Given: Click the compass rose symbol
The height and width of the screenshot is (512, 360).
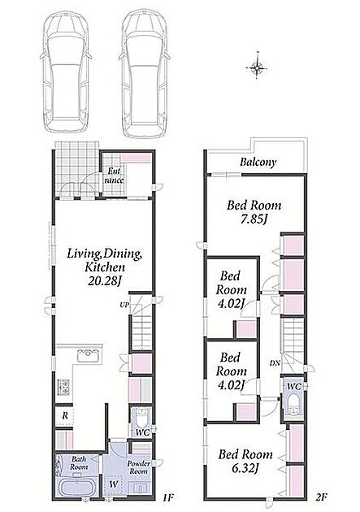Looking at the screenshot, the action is (x=257, y=67).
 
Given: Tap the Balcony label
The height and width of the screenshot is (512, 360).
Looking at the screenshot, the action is (x=258, y=162).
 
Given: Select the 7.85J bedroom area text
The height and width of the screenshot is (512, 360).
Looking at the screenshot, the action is (x=254, y=219).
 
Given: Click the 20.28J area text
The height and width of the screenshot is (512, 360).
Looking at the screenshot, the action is (x=105, y=280).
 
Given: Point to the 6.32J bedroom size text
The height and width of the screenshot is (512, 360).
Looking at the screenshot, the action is (x=245, y=468).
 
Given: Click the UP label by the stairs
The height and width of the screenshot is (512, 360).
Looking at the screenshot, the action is (x=124, y=305).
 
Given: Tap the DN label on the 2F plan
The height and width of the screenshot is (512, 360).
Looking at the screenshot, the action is (x=275, y=362).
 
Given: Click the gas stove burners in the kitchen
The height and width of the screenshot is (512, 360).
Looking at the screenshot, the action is (x=63, y=387).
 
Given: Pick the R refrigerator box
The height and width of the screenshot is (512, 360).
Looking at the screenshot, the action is (x=64, y=415).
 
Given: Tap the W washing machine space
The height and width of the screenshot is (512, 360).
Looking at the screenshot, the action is (x=113, y=484).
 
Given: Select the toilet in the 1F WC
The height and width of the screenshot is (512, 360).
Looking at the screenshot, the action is (x=142, y=418).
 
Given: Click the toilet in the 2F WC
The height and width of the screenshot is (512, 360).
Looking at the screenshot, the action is (x=293, y=404).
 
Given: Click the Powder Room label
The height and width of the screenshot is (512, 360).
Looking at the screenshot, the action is (x=138, y=467).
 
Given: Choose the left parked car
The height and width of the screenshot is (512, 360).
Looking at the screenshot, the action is (x=66, y=74).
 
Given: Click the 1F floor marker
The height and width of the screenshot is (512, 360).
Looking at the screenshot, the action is (x=167, y=497).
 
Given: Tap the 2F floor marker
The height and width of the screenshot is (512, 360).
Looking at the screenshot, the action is (x=321, y=497).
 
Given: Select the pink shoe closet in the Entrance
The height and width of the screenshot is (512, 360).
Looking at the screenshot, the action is (x=136, y=158).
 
